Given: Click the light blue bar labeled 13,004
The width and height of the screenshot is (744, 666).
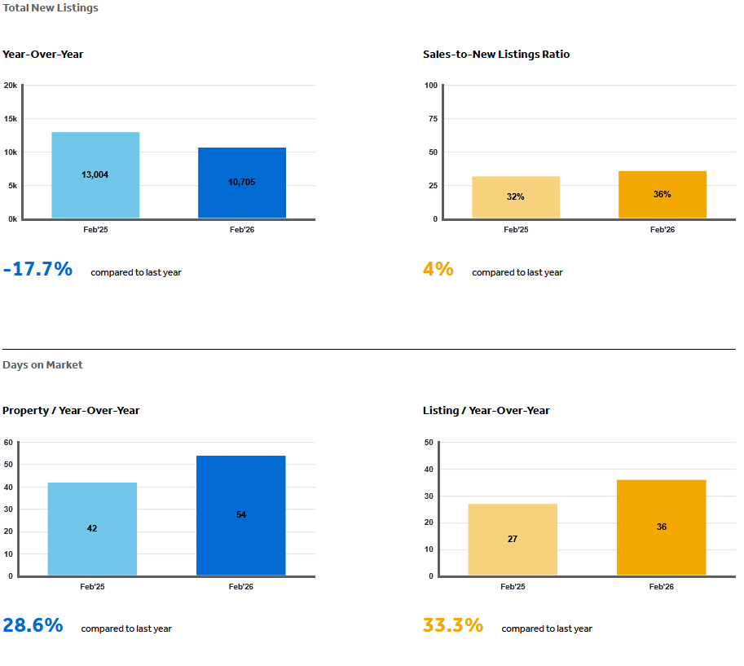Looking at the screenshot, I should (95, 174).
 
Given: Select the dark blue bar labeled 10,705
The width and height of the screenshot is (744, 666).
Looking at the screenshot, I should (241, 182).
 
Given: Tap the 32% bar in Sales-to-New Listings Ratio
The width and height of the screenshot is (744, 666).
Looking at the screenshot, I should (516, 196).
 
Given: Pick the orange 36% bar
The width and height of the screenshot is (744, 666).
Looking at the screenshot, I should (662, 194).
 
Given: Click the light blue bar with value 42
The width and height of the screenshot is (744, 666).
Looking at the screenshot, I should (92, 528).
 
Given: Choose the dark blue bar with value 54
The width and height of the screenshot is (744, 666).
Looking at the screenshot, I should (241, 514).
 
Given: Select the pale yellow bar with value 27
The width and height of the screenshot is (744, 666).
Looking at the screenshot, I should (513, 539).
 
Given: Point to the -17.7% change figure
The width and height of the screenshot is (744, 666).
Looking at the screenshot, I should (37, 269).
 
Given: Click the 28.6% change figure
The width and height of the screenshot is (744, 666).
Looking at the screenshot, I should (33, 625).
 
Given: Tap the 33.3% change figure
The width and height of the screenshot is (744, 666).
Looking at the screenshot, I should (453, 625).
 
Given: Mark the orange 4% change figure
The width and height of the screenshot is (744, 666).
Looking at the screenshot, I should (438, 269).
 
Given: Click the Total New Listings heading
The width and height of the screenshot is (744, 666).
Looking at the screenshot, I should (51, 8).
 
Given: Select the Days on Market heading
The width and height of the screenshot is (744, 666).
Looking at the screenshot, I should (42, 365).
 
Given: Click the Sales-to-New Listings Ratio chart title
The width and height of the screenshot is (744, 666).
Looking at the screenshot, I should (496, 55).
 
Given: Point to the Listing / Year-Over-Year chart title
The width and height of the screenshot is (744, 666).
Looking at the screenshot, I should (486, 411).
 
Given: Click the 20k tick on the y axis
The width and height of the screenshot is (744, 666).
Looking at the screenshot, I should (10, 86).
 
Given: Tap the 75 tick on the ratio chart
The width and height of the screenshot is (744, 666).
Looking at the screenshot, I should (432, 119).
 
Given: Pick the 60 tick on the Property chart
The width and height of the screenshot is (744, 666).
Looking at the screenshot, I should (8, 443).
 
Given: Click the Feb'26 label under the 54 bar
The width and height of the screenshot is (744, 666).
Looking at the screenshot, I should (241, 587).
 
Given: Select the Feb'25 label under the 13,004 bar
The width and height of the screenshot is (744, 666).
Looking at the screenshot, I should (95, 230).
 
